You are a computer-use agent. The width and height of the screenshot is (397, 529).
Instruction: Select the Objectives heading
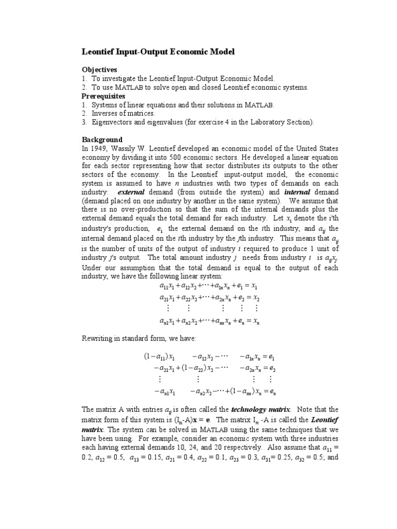pos(100,69)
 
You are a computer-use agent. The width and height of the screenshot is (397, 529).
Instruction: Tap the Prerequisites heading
pos(103,96)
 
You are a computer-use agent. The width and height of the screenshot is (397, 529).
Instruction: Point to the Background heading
pos(102,139)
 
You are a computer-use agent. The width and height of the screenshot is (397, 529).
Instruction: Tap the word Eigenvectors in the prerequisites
pos(113,122)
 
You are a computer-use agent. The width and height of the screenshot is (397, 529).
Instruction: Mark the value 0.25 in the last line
pos(283,458)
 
